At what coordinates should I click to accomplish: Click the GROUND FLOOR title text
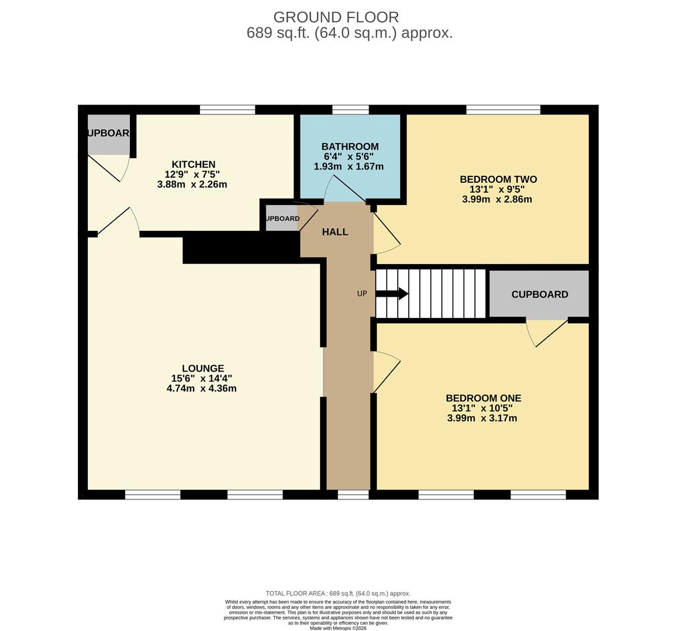pyautogui.click(x=336, y=18)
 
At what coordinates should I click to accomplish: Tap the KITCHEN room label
pyautogui.click(x=193, y=165)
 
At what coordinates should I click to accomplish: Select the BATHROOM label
pyautogui.click(x=350, y=147)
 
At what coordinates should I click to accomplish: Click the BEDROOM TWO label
pyautogui.click(x=498, y=179)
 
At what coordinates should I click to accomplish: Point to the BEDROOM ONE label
pyautogui.click(x=483, y=398)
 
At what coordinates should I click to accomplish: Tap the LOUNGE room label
pyautogui.click(x=202, y=369)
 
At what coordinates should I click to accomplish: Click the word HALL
pyautogui.click(x=335, y=232)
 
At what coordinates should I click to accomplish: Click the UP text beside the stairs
pyautogui.click(x=362, y=294)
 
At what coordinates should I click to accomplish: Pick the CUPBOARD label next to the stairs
pyautogui.click(x=539, y=294)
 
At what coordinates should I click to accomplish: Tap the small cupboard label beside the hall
pyautogui.click(x=282, y=219)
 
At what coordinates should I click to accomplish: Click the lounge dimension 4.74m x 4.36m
pyautogui.click(x=201, y=389)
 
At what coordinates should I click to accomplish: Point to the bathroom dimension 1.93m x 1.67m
pyautogui.click(x=349, y=167)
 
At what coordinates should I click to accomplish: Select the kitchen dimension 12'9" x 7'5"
pyautogui.click(x=192, y=175)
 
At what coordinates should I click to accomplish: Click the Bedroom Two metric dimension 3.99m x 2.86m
pyautogui.click(x=497, y=199)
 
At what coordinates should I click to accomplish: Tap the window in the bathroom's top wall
pyautogui.click(x=350, y=109)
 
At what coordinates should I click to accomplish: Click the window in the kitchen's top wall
pyautogui.click(x=227, y=109)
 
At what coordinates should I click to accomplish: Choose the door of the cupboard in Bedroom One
pyautogui.click(x=548, y=333)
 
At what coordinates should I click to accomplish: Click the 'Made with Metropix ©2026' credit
pyautogui.click(x=339, y=628)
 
